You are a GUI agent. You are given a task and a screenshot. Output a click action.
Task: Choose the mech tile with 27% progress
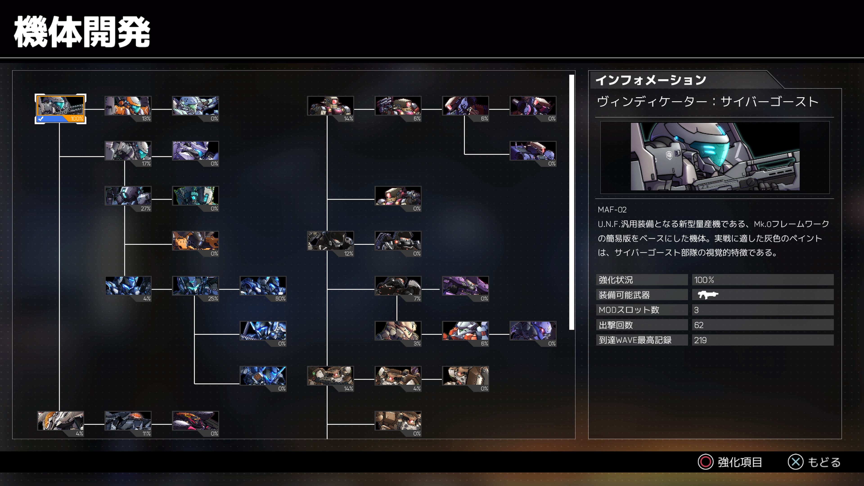pyautogui.click(x=128, y=198)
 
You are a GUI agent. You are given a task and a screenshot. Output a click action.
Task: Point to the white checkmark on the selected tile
pyautogui.click(x=40, y=118)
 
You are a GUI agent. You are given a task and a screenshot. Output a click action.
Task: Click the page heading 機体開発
pyautogui.click(x=82, y=32)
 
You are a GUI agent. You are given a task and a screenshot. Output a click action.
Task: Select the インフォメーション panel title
pyautogui.click(x=651, y=80)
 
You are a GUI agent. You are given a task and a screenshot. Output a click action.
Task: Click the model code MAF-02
pyautogui.click(x=612, y=210)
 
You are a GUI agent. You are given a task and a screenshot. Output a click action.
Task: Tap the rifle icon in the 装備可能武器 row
pyautogui.click(x=708, y=295)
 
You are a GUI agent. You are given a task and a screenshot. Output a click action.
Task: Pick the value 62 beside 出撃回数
pyautogui.click(x=699, y=325)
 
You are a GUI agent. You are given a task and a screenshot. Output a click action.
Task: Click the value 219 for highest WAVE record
pyautogui.click(x=700, y=340)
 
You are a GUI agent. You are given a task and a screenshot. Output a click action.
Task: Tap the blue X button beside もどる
pyautogui.click(x=796, y=462)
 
